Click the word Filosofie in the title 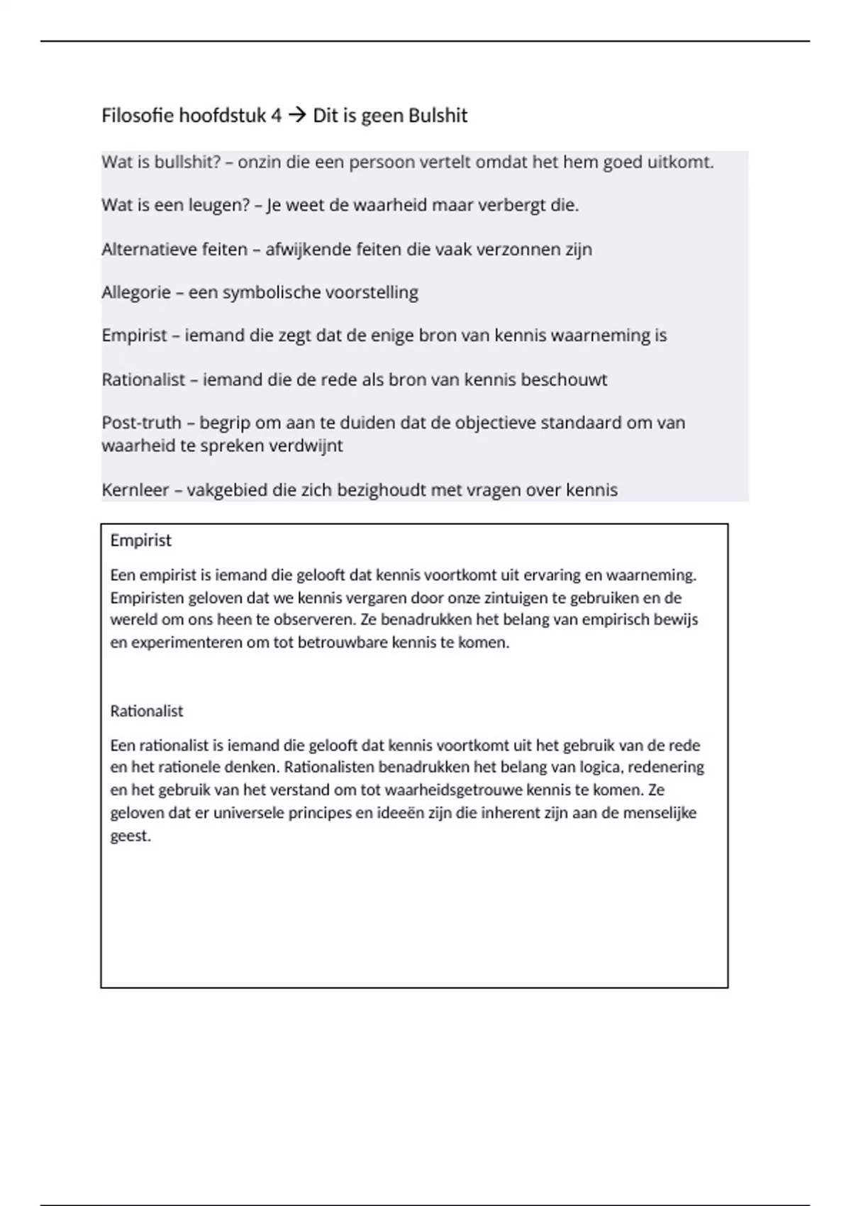click(x=138, y=116)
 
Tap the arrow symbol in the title click(x=298, y=116)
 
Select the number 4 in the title click(x=276, y=116)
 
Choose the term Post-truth click(x=141, y=423)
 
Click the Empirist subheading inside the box click(x=140, y=541)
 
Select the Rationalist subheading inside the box click(x=146, y=711)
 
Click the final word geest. click(x=130, y=836)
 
